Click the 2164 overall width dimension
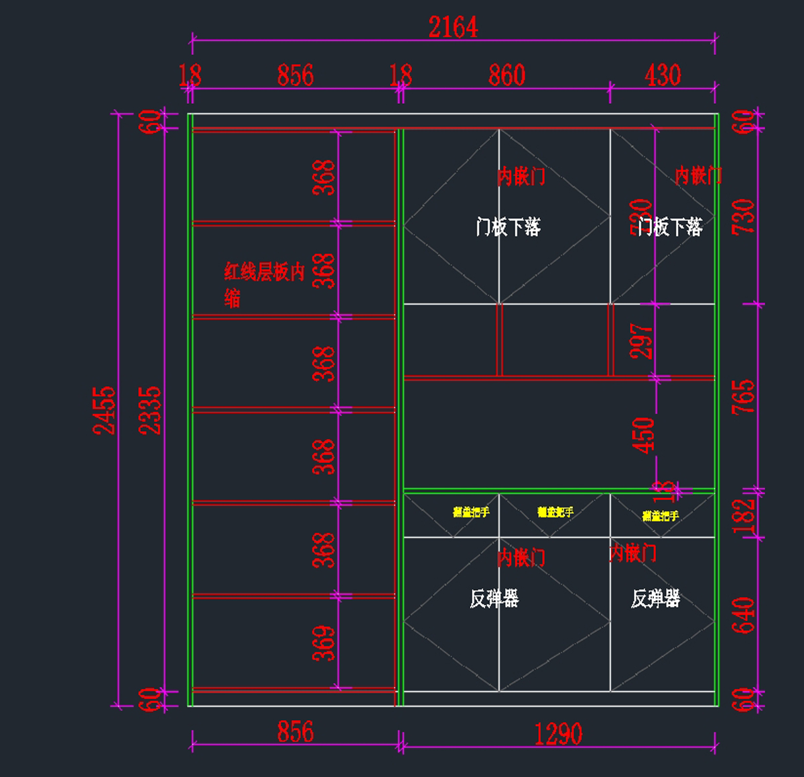click(x=453, y=27)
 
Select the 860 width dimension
click(x=507, y=75)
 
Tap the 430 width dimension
click(x=663, y=75)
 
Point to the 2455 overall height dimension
click(x=105, y=410)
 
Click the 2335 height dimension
click(x=151, y=410)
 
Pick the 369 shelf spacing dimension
click(x=324, y=644)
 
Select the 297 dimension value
click(x=642, y=341)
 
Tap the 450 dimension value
click(x=643, y=435)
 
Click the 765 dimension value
click(x=744, y=396)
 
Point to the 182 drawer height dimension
click(x=744, y=516)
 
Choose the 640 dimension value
click(x=744, y=615)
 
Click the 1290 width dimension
click(x=558, y=735)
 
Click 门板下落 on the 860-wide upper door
click(x=508, y=227)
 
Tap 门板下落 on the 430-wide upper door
click(x=670, y=227)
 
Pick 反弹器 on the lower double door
click(x=494, y=598)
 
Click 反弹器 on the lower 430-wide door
click(x=655, y=598)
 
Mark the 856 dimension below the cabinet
click(x=295, y=731)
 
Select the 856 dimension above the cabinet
click(x=295, y=75)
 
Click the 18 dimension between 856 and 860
click(x=401, y=75)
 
